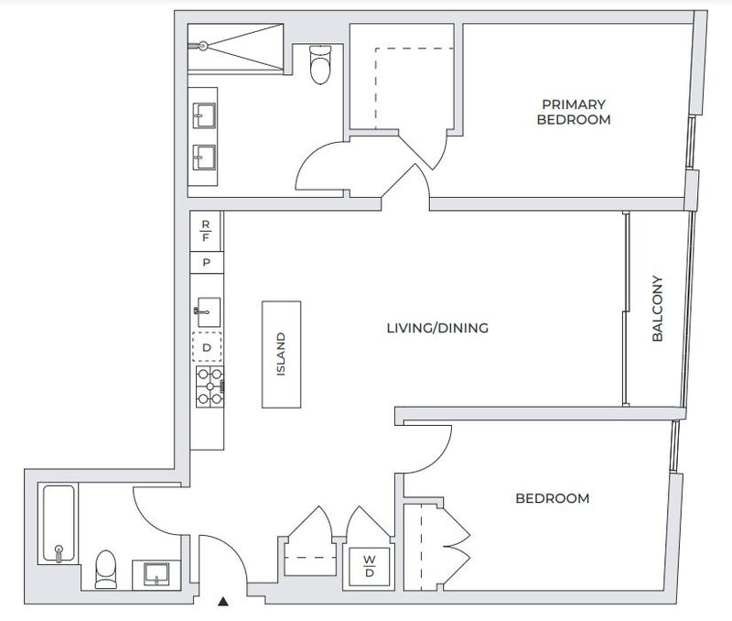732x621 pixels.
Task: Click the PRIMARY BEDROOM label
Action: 574,112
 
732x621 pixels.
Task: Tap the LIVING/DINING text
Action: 437,328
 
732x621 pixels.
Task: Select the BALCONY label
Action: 657,309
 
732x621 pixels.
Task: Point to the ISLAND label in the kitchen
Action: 281,354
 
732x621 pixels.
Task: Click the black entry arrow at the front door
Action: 223,602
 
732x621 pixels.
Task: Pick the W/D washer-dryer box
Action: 370,566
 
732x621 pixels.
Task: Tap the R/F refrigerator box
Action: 205,232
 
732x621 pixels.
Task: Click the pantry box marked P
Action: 207,263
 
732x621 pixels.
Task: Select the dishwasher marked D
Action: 207,347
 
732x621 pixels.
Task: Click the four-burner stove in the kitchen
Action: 210,387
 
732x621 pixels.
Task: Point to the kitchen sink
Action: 208,312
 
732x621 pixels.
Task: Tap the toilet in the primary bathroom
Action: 320,64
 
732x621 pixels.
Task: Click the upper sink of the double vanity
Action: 204,115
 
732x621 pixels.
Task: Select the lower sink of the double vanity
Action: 204,158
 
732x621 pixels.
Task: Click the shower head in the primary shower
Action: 202,46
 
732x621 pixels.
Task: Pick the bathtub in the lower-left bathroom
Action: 59,523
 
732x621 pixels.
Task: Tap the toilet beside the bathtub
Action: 106,569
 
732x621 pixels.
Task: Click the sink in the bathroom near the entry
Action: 156,574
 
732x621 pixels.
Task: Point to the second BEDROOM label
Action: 553,498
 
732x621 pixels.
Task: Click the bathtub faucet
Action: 59,553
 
